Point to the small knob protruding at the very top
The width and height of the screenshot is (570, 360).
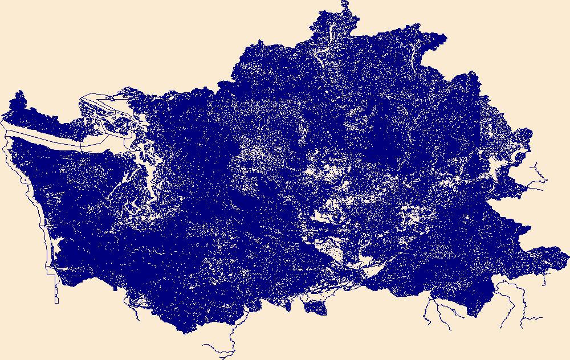click(x=344, y=6)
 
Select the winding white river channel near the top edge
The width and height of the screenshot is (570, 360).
click(x=320, y=55)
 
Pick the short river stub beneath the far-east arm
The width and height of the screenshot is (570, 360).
click(x=545, y=279)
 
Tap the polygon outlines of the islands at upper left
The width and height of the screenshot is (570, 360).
click(x=97, y=105)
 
